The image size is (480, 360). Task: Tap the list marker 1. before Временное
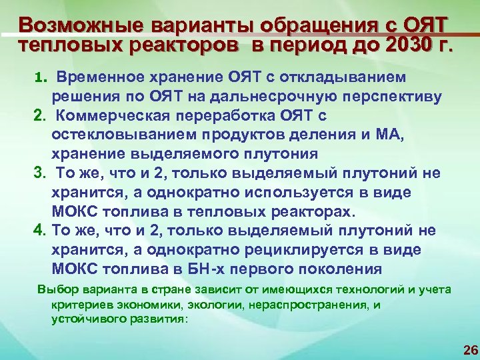tap(39, 78)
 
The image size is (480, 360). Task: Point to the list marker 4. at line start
tap(39, 231)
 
